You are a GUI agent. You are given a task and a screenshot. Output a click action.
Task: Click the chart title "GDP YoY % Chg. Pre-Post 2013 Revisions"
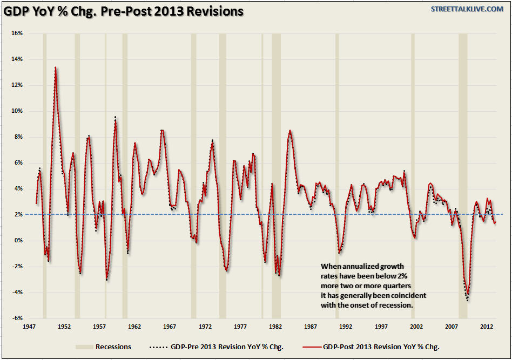click(x=124, y=11)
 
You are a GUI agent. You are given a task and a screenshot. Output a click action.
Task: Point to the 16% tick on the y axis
click(x=17, y=33)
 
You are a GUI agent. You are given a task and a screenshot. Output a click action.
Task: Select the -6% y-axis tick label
click(x=17, y=318)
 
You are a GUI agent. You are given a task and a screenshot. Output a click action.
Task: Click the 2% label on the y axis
click(x=18, y=214)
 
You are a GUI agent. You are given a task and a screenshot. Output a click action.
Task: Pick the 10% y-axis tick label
click(x=17, y=111)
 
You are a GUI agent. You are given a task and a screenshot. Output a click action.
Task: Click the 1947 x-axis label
click(x=29, y=327)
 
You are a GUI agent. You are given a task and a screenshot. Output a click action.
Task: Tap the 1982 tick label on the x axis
click(x=275, y=327)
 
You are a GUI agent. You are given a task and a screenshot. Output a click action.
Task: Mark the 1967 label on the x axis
click(x=170, y=327)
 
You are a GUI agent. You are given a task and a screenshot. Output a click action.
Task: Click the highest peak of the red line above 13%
click(x=55, y=67)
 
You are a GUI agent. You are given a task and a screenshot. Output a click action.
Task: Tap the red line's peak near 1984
click(x=290, y=130)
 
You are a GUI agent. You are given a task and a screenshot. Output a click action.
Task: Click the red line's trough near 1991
click(x=339, y=251)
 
